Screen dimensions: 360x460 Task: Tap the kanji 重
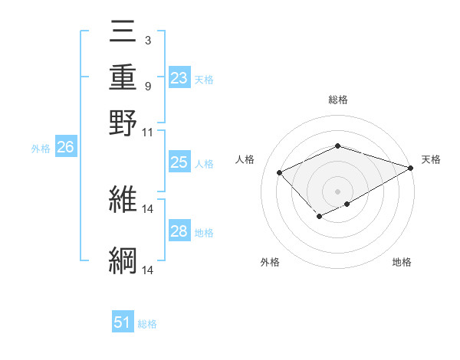123,78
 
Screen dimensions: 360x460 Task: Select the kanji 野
123,123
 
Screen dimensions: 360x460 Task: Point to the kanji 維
123,200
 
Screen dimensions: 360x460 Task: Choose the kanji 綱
123,260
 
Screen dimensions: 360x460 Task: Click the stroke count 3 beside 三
147,40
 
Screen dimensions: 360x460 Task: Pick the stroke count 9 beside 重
147,86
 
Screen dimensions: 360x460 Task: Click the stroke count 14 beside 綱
148,270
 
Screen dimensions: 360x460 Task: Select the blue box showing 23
179,78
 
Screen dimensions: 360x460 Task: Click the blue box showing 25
179,162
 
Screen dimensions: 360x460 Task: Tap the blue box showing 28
179,231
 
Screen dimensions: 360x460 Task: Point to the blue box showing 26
65,148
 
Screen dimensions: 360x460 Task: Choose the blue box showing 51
123,323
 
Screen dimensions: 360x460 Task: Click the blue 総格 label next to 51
147,324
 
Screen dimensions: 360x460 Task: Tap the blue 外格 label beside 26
41,149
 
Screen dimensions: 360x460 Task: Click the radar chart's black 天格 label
431,159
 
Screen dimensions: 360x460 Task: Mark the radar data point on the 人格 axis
280,173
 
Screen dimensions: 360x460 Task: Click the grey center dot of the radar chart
337,191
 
